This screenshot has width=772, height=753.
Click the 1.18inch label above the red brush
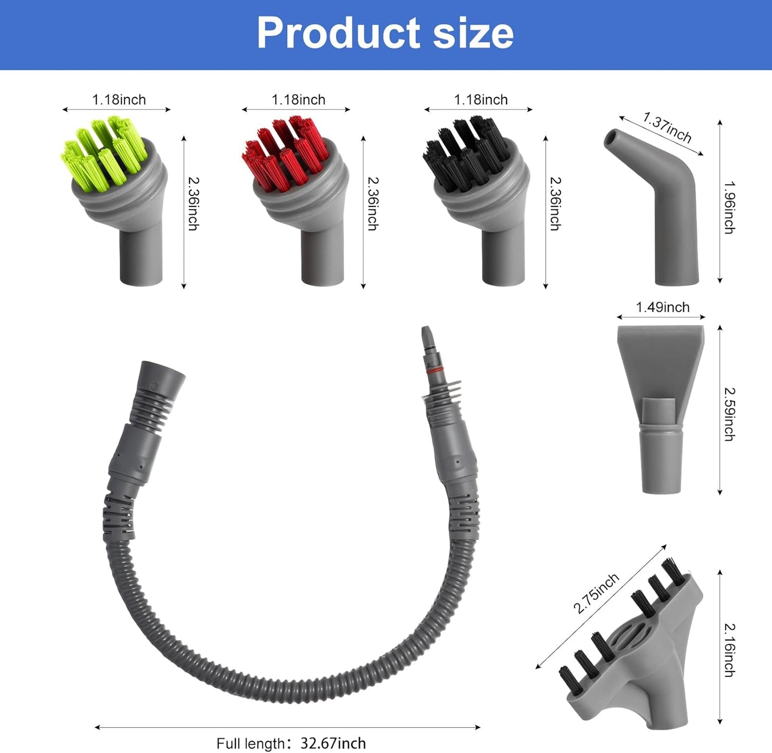pos(298,100)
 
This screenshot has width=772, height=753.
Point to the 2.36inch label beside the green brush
pos(193,204)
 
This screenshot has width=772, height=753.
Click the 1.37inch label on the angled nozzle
pos(667,128)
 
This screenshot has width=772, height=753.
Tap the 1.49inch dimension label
pos(662,307)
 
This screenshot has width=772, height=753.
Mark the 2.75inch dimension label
pos(596,593)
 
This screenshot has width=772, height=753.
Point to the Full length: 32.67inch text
pos(291,743)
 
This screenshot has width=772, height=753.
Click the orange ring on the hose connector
pos(433,370)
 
